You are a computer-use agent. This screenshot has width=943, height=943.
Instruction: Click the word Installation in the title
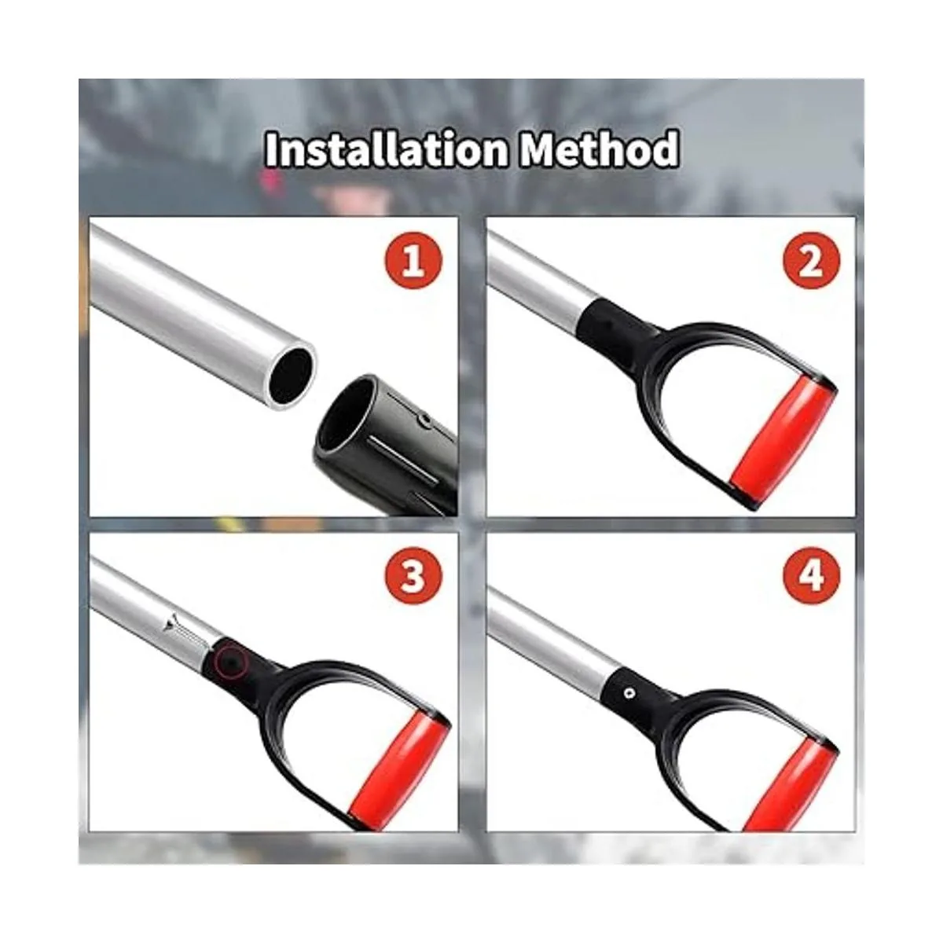coord(386,149)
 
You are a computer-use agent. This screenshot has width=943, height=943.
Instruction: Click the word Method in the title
coord(599,149)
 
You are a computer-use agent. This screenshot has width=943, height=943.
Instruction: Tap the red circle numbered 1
coord(413,260)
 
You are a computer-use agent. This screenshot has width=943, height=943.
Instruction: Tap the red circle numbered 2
coord(811,260)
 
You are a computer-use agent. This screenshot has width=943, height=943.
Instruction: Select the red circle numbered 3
coord(413,575)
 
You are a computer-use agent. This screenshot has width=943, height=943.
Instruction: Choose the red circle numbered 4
coord(811,575)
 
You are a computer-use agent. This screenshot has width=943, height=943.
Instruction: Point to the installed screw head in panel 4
coord(629,693)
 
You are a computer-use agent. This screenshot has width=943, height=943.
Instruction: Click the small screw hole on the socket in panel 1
coord(426,419)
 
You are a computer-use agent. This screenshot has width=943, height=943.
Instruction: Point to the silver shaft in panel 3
coord(152,607)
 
